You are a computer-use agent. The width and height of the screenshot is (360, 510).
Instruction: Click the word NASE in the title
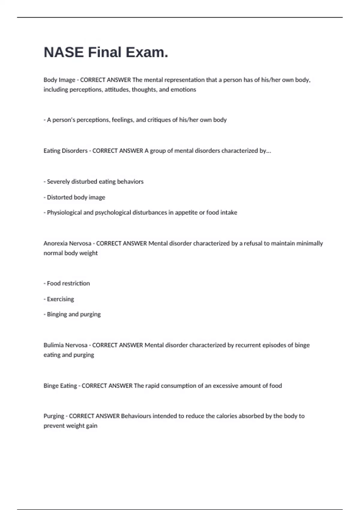(x=64, y=52)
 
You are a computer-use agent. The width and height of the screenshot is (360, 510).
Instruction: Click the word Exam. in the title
(x=147, y=52)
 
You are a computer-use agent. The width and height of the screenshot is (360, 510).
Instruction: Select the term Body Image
(x=59, y=80)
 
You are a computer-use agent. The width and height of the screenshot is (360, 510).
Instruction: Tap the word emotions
(x=183, y=89)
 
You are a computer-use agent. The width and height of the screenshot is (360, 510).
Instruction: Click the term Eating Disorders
(x=65, y=151)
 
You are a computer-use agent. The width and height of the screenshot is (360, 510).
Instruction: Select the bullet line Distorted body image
(x=76, y=197)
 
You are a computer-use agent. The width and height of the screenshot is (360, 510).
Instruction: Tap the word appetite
(x=186, y=212)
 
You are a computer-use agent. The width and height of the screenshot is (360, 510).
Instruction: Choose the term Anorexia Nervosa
(x=67, y=243)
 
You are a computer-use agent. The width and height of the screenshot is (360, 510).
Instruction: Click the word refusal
(x=253, y=243)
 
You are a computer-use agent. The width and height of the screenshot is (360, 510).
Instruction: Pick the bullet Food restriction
(x=68, y=283)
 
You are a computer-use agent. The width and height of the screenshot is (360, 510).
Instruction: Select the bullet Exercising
(x=60, y=299)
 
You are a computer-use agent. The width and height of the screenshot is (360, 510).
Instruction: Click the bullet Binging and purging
(x=73, y=314)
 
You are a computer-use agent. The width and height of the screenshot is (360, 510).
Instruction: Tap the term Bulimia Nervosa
(x=65, y=345)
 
